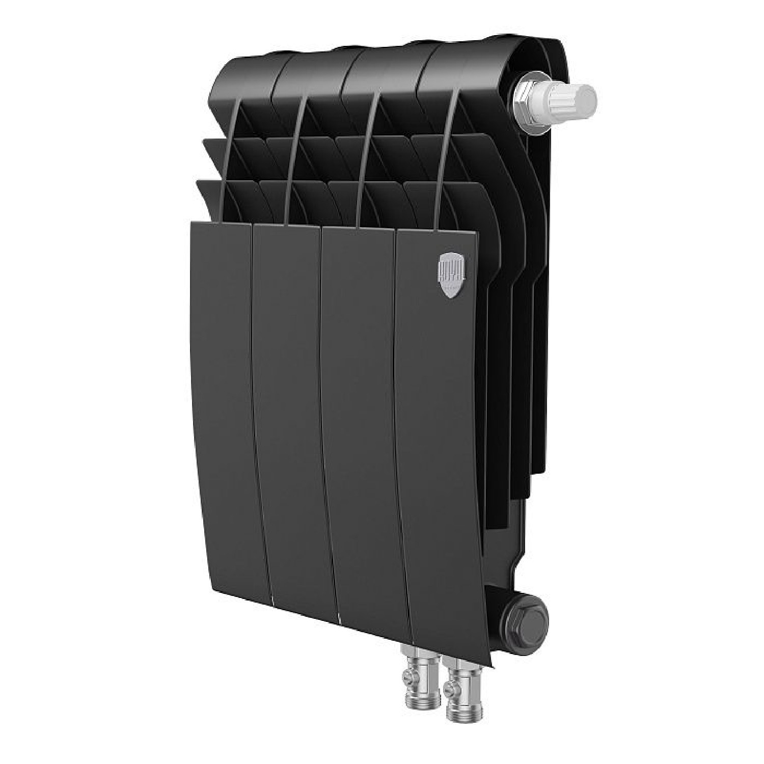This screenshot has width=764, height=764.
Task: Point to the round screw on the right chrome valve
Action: coord(449,691)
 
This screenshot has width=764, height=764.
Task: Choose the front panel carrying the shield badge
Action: coord(438,438)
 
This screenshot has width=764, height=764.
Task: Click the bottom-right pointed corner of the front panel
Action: coord(492,667)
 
